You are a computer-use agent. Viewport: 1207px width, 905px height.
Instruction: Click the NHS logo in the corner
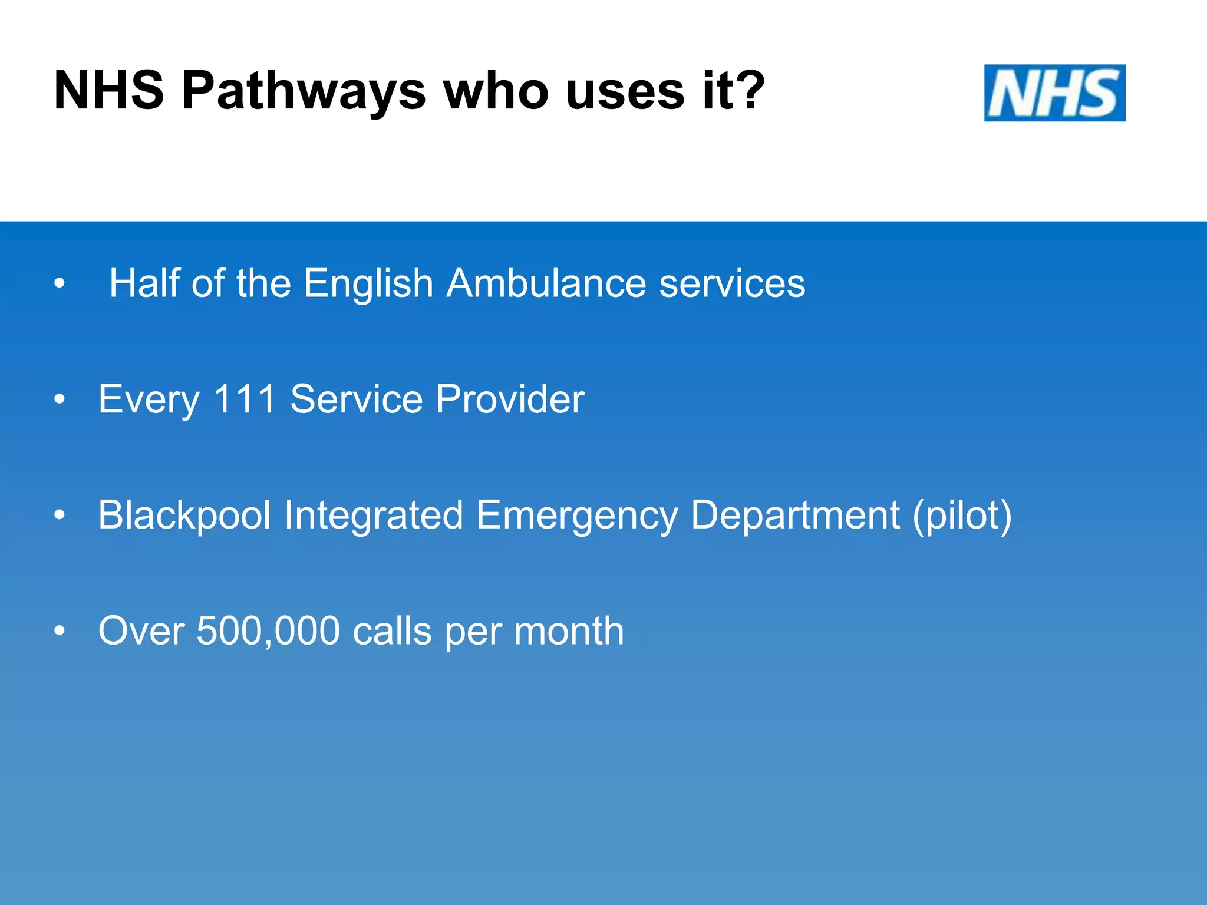pos(1054,93)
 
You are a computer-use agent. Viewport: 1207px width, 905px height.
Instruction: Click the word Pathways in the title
pos(304,92)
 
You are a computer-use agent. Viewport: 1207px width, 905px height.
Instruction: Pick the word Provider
pos(510,399)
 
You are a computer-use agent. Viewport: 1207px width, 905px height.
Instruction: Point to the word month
pos(569,631)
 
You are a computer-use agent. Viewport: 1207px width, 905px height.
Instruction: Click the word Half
pos(144,283)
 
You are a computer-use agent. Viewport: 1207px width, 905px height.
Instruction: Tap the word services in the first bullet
pos(732,283)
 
